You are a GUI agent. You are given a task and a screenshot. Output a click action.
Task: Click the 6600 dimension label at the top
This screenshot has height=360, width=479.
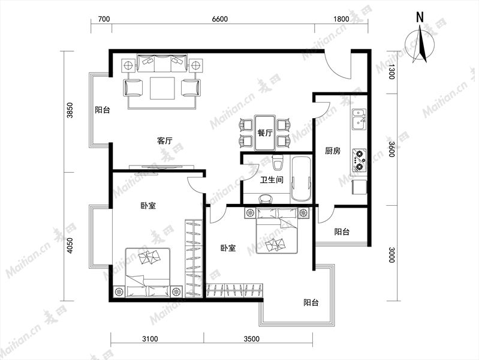tap(219, 19)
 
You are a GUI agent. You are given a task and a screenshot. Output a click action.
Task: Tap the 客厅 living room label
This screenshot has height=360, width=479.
tap(165, 140)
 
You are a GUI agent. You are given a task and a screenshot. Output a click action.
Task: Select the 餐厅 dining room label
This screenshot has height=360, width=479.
tap(265, 133)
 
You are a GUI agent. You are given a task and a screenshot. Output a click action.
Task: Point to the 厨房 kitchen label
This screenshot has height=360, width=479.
tap(333, 151)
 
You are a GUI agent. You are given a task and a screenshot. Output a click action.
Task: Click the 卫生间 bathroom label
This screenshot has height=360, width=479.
tap(272, 180)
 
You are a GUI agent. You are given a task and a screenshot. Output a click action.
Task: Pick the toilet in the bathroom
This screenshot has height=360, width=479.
tap(278, 163)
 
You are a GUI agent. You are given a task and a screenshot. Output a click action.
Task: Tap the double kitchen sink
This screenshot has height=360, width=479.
tap(359, 119)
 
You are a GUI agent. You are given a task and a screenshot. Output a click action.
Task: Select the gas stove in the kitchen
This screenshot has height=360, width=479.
tap(359, 160)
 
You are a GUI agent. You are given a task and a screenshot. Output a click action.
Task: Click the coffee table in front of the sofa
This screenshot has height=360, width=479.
tap(162, 88)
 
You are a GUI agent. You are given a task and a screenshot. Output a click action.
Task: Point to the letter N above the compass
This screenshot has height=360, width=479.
tap(420, 17)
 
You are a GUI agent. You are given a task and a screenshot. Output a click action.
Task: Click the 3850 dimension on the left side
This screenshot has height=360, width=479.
tap(70, 110)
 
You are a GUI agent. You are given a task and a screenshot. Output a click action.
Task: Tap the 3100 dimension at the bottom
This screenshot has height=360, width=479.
tap(150, 339)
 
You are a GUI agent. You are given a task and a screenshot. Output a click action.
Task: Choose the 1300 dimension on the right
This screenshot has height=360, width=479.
tap(391, 72)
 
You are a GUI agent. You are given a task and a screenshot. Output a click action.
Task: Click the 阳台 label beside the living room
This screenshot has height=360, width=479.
tap(103, 110)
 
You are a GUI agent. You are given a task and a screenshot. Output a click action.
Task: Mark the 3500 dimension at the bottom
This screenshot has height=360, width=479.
tap(252, 339)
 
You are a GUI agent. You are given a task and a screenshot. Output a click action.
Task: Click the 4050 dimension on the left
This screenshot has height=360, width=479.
tap(70, 245)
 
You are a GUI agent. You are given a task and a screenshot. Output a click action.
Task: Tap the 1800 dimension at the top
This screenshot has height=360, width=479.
tap(341, 19)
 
